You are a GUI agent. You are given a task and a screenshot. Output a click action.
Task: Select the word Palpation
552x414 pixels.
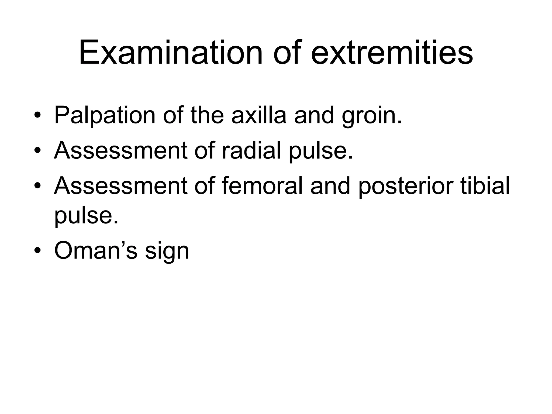click(x=105, y=115)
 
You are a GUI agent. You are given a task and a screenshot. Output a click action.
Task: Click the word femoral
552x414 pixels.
click(x=263, y=186)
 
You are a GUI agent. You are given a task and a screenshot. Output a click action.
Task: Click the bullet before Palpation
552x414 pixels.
click(x=37, y=116)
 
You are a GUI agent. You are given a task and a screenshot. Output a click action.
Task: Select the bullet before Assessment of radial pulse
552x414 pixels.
click(x=37, y=151)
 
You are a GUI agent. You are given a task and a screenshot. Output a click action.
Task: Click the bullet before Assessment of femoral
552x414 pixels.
click(x=37, y=186)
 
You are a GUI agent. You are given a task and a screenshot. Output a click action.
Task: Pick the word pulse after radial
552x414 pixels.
click(x=321, y=151)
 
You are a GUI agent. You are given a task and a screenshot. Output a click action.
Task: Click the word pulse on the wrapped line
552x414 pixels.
click(x=86, y=216)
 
